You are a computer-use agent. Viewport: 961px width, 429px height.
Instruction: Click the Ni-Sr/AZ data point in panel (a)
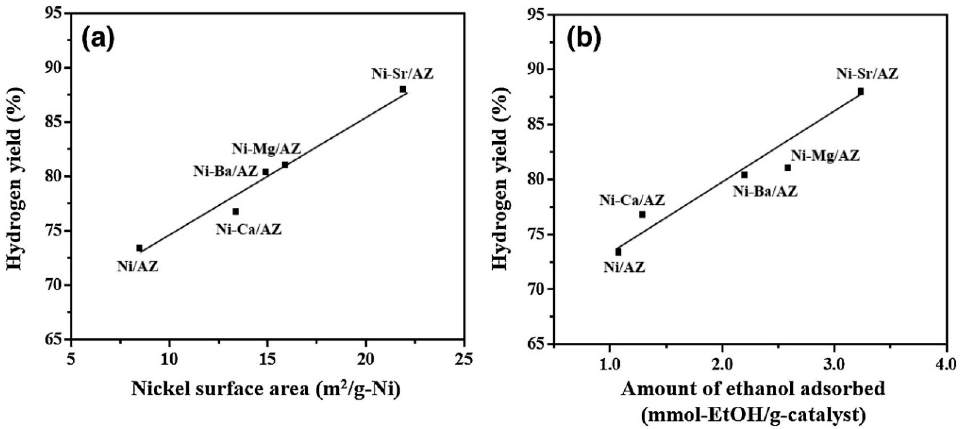[403, 89]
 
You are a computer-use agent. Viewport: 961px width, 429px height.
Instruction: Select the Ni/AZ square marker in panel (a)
[139, 248]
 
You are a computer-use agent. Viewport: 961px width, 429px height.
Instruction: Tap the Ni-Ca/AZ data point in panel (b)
[642, 215]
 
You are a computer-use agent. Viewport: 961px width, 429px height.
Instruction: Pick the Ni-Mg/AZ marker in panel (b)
[788, 168]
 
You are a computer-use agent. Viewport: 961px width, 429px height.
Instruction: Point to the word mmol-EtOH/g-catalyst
[753, 416]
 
